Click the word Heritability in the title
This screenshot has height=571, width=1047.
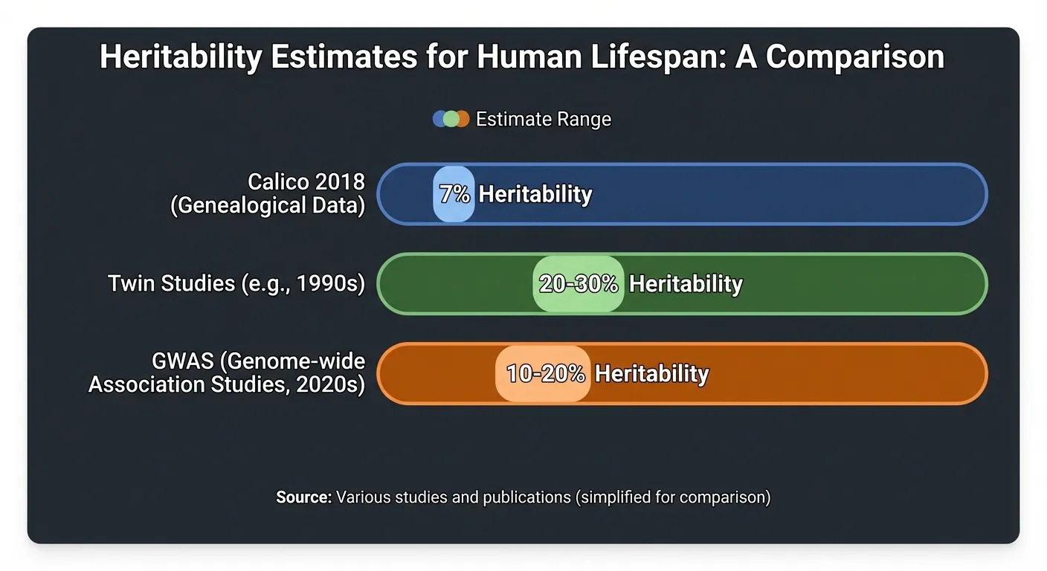click(x=180, y=57)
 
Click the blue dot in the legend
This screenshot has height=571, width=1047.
click(x=440, y=119)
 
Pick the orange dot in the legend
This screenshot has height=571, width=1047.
click(x=463, y=119)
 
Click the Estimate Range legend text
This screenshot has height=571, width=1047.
click(x=543, y=119)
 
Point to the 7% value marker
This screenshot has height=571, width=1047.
click(x=454, y=194)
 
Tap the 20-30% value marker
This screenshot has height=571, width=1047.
click(x=579, y=284)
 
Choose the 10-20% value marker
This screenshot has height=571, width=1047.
click(x=544, y=373)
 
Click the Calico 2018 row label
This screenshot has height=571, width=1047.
click(x=306, y=182)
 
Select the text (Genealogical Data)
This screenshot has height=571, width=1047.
click(x=268, y=205)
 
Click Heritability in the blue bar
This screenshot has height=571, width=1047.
click(x=535, y=194)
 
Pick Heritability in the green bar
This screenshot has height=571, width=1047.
click(x=686, y=284)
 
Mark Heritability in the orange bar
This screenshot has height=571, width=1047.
click(x=651, y=373)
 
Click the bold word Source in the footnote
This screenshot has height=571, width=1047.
click(x=303, y=497)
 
